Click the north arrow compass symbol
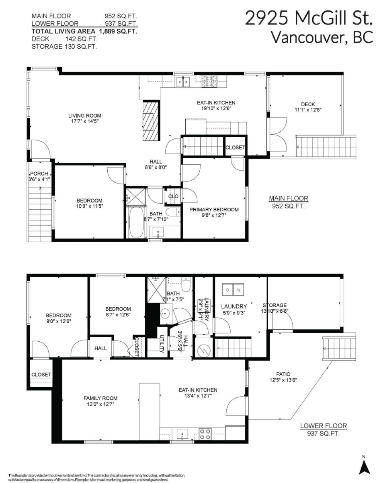[x=364, y=467]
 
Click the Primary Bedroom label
[x=214, y=209]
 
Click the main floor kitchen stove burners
[x=209, y=83]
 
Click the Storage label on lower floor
[x=274, y=305]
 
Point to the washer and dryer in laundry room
[x=232, y=289]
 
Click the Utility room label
[x=162, y=345]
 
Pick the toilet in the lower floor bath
[x=186, y=285]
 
